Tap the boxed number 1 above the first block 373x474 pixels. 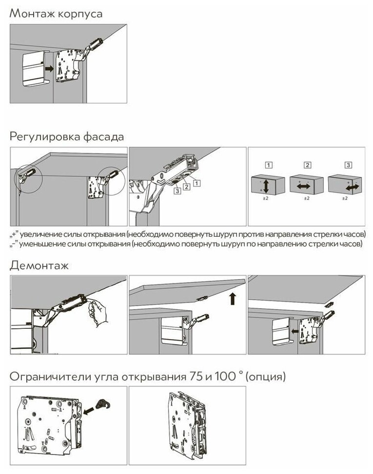click(x=269, y=165)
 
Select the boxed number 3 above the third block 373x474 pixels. click(x=348, y=165)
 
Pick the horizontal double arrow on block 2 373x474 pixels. click(x=304, y=187)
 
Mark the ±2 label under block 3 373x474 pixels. click(x=345, y=198)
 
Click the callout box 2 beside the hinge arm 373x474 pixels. click(x=186, y=187)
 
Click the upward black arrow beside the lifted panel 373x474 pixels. click(x=233, y=298)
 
